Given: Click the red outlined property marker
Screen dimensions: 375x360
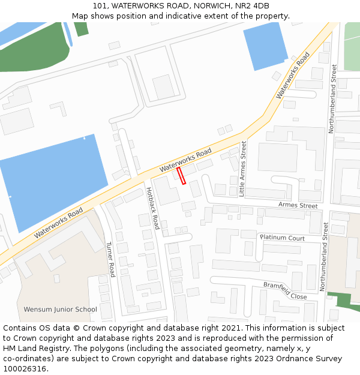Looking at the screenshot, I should click(181, 175).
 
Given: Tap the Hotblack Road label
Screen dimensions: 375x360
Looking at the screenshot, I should click(152, 208).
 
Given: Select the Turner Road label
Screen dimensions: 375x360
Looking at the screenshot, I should click(110, 259).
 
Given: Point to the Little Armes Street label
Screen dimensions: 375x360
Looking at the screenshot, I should click(243, 169).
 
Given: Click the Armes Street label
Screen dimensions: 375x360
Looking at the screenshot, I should click(298, 205).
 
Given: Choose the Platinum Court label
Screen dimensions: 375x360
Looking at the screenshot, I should click(282, 238).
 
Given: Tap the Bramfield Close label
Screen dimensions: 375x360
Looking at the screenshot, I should click(285, 290).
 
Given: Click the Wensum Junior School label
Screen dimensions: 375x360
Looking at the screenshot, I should click(60, 310).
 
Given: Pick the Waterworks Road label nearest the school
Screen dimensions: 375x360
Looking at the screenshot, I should click(58, 223).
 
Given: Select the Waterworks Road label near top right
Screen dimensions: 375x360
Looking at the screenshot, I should click(293, 76).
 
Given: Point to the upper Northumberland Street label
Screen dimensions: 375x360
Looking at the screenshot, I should click(332, 99).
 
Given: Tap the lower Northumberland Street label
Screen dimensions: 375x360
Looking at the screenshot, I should click(324, 257).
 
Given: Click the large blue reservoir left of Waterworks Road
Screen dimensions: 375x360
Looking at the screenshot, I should click(51, 180).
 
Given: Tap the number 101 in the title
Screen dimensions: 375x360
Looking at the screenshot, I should click(100, 5).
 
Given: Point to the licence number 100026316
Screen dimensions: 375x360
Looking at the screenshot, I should click(25, 369).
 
